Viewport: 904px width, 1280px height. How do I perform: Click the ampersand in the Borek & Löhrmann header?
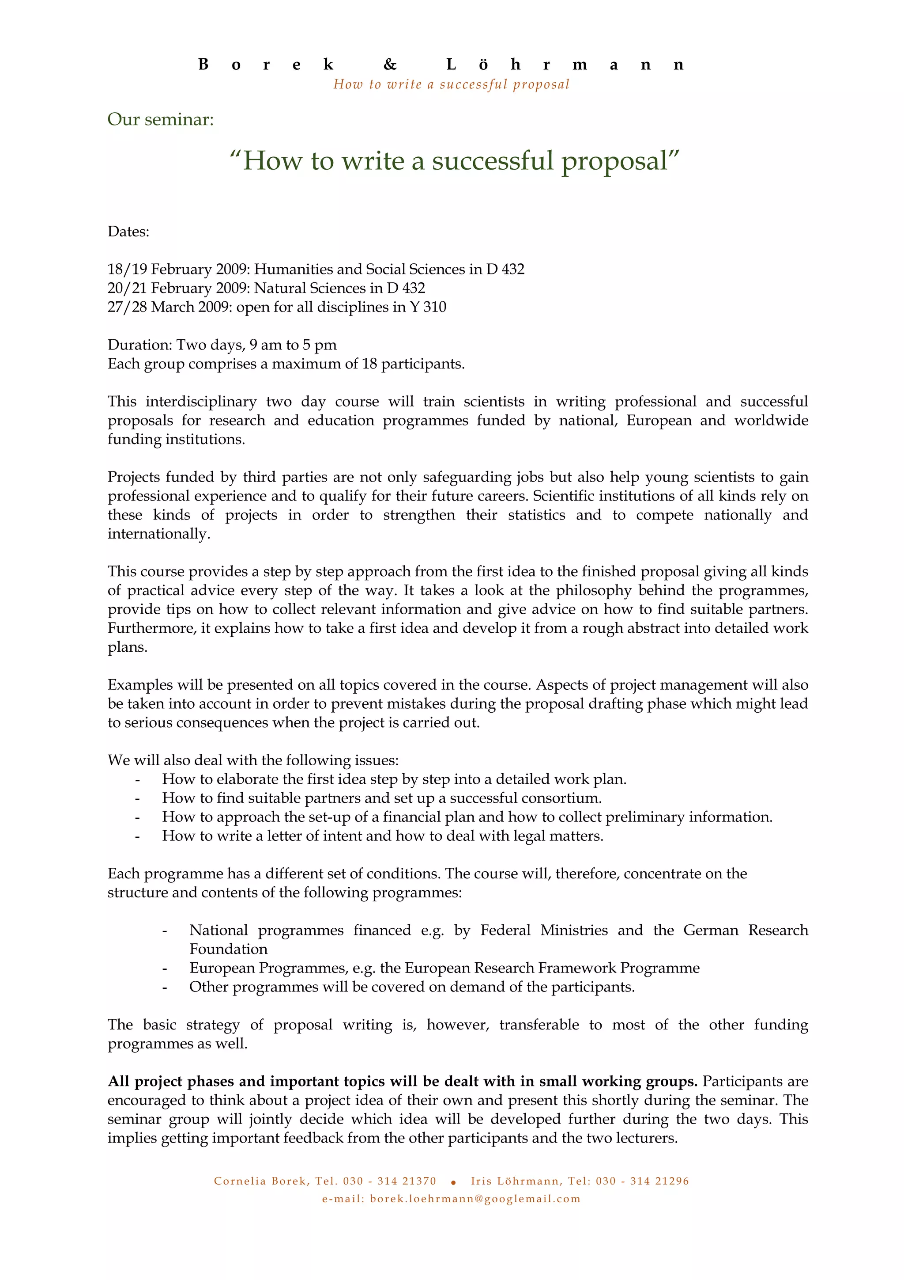[x=390, y=65]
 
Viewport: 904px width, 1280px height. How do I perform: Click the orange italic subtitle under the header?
[x=451, y=85]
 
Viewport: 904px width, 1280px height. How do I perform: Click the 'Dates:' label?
[x=128, y=232]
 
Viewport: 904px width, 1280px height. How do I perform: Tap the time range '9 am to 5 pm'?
[x=293, y=345]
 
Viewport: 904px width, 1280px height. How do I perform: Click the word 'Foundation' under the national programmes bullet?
[x=228, y=949]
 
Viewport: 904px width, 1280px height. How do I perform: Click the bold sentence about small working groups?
[x=402, y=1082]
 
